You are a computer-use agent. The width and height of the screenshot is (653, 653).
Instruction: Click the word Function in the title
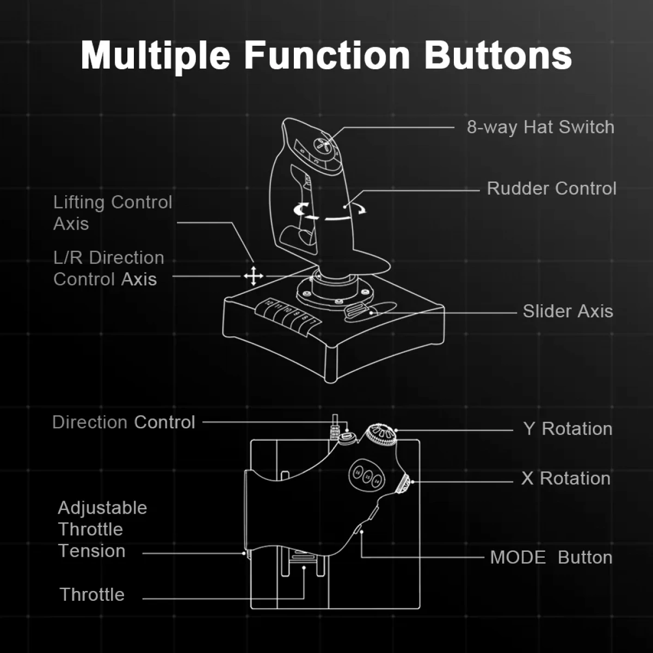pos(327,56)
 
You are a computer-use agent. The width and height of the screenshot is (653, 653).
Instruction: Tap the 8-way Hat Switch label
pos(540,127)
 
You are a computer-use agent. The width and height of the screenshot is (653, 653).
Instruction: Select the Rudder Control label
pos(551,188)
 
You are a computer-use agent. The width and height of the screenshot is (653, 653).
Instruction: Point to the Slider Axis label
pos(568,311)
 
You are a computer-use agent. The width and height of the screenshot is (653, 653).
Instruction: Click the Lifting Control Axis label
pos(113,213)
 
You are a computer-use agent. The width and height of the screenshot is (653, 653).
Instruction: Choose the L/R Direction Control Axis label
pos(108,268)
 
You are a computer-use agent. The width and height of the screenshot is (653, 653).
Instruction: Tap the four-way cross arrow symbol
pos(254,276)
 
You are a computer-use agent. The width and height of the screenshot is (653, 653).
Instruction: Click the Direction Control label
pos(124,422)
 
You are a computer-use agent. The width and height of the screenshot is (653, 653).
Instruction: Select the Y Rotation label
pos(568,429)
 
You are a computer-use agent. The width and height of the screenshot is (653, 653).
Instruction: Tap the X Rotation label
pos(566,478)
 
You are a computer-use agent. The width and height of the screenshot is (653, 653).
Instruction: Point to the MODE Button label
pos(551,557)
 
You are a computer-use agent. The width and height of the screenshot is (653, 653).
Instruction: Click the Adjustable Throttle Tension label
pos(102,529)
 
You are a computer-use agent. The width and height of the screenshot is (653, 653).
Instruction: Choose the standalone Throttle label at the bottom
pos(92,595)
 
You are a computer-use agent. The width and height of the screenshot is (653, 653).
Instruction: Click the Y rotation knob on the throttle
pos(381,434)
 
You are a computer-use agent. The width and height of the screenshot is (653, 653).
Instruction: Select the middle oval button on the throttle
pos(367,477)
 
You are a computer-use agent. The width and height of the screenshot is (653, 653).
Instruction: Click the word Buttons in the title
pos(498,56)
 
